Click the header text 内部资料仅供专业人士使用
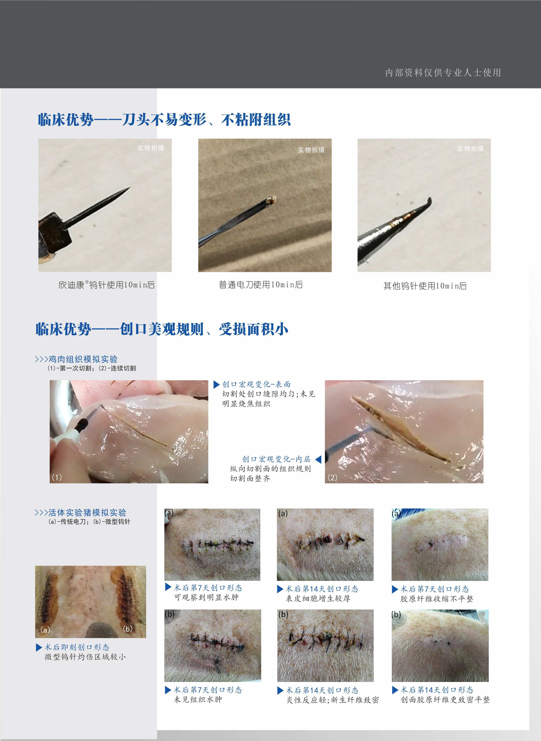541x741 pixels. tap(443, 72)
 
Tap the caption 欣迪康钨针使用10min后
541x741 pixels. tap(106, 285)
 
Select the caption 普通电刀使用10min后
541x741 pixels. tap(261, 285)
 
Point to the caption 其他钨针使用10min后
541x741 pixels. tap(425, 286)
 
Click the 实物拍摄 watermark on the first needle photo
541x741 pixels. tap(151, 148)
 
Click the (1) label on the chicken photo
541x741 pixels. tap(57, 477)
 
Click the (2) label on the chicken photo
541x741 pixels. tap(332, 477)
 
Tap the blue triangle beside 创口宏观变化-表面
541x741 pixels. tap(217, 384)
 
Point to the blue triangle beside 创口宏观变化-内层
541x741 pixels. tap(318, 459)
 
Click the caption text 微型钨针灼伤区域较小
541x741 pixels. tap(85, 657)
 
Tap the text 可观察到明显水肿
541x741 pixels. tap(206, 597)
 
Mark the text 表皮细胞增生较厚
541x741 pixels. tap(318, 599)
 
